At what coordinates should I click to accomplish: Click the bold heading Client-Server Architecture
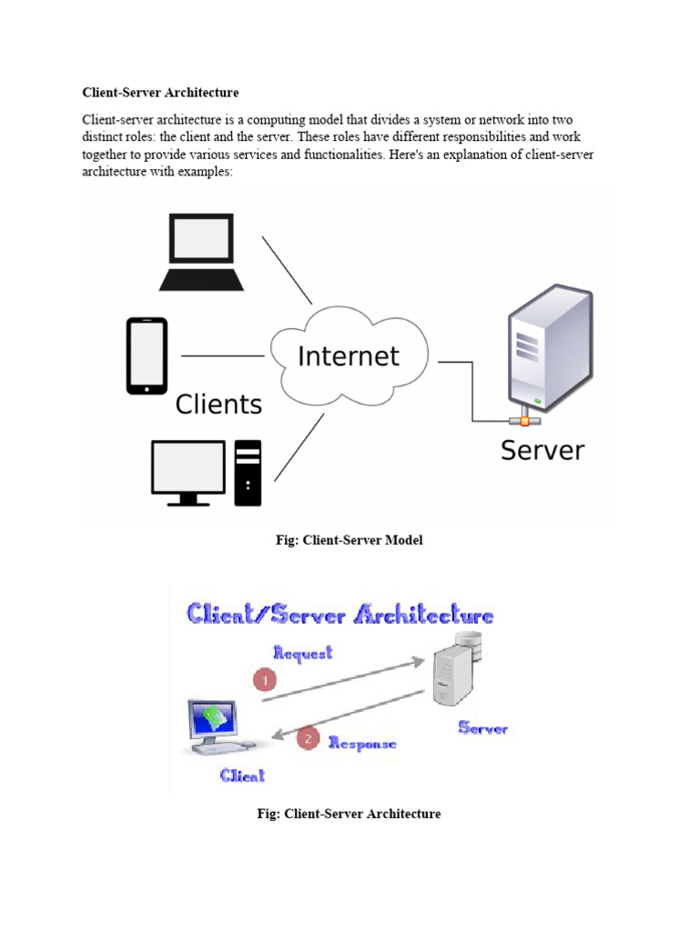coord(160,92)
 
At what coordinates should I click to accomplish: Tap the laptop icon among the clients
coord(201,252)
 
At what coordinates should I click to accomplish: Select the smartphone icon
coord(147,355)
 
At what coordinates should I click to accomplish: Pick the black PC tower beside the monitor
coord(248,473)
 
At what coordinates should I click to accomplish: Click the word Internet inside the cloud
coord(349,355)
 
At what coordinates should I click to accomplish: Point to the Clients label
coord(218,404)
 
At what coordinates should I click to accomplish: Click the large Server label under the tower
coord(542,450)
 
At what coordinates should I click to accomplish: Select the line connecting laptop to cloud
coord(287,270)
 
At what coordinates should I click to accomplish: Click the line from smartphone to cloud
coord(223,355)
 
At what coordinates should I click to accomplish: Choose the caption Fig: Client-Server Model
coord(349,540)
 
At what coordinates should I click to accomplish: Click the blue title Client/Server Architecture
coord(340,615)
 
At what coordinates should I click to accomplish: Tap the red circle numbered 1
coord(265,680)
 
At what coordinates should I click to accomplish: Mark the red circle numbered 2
coord(309,738)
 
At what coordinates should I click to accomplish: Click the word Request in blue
coord(303,653)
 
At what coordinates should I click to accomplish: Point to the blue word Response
coord(362,743)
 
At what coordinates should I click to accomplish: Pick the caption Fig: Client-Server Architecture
coord(349,814)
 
